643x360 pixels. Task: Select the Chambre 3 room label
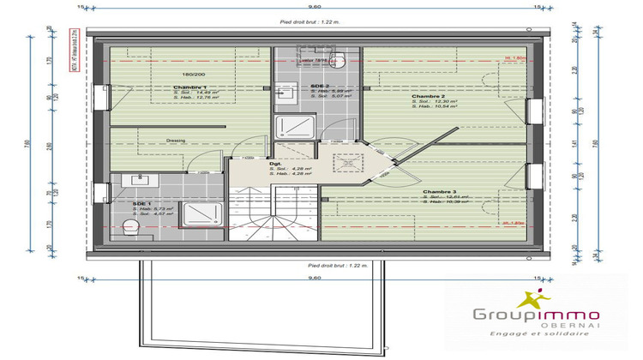(x=438, y=191)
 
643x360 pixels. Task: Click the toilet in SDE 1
(x=131, y=227)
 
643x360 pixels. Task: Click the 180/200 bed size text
(x=183, y=75)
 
